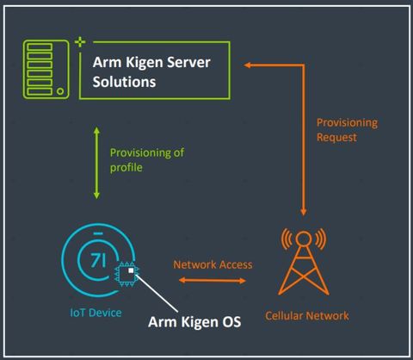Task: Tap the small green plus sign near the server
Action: [x=80, y=41]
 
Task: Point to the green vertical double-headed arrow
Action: [x=97, y=164]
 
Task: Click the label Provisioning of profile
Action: [x=147, y=159]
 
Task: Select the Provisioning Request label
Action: [x=346, y=130]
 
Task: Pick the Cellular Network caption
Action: [x=306, y=315]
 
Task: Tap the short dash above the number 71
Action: [x=98, y=234]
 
